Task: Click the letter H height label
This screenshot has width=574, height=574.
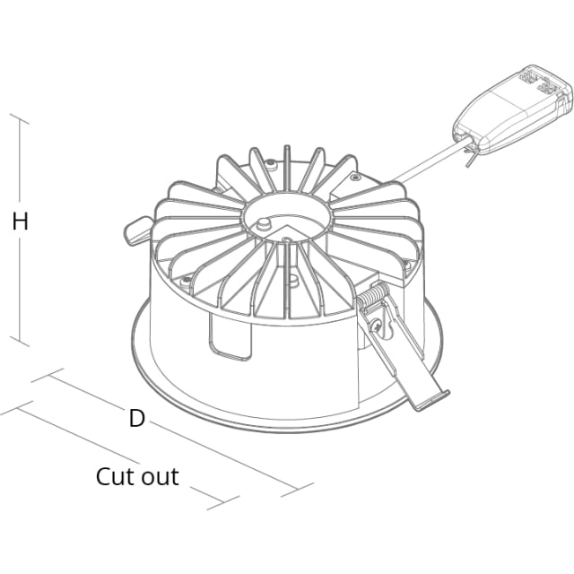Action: coord(20,222)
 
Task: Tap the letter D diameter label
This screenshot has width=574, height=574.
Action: coord(137,418)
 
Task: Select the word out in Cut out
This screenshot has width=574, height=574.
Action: coord(160,477)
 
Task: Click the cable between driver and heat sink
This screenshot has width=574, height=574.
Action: coord(429,162)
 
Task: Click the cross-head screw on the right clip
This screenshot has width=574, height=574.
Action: coord(377,325)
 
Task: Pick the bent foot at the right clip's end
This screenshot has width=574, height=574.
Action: coord(432,401)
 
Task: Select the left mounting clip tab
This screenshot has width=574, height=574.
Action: coord(136,230)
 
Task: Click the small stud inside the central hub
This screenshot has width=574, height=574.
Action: coord(263,223)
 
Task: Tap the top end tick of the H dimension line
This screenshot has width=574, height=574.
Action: coord(19,119)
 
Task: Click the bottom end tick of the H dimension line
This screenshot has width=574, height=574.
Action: coord(19,341)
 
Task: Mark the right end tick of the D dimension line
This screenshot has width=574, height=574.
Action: coord(297,490)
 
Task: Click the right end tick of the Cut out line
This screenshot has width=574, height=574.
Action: coord(223,502)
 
